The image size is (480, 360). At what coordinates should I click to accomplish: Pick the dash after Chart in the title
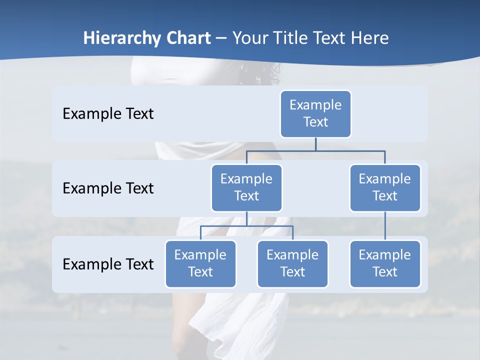(221, 39)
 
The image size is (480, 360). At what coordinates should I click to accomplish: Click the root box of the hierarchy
(315, 113)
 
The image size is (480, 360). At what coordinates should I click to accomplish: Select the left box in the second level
(246, 187)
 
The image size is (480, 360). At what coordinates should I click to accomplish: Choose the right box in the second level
(385, 187)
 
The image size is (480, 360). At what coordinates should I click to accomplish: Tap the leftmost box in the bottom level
(200, 263)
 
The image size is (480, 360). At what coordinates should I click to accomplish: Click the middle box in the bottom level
(292, 263)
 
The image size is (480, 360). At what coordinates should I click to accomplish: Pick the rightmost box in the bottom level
(385, 263)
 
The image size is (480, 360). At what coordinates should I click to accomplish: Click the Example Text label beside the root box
(108, 113)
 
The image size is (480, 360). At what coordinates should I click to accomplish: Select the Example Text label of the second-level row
(108, 188)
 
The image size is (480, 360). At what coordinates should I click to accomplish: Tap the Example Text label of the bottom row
(108, 264)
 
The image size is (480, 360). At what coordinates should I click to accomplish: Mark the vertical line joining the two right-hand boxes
(385, 226)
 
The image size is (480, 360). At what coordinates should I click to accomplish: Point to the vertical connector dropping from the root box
(315, 144)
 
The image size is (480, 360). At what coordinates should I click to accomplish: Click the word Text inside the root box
(315, 122)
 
